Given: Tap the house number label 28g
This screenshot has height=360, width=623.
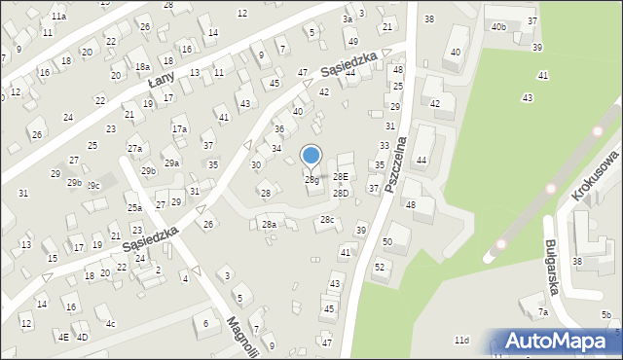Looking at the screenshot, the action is pos(311,180).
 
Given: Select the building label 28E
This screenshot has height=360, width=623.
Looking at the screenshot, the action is pos(340,176).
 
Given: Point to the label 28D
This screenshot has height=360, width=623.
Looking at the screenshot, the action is pos(340,194).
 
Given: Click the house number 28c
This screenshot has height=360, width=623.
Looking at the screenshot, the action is pos(327,220).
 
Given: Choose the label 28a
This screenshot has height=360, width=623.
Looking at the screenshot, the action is pos(269,225).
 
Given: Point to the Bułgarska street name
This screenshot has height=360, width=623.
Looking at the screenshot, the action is pos(559,260).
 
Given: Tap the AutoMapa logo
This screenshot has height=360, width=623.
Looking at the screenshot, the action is pos(559,342).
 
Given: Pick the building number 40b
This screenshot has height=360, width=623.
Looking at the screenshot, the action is pos(498,27).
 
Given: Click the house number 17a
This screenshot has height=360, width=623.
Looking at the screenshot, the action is pos(179,128).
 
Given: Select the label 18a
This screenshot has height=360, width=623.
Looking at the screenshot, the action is pos(142,66).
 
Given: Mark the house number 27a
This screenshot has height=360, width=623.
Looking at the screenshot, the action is pos(134,148).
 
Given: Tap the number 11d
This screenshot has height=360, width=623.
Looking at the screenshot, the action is pos(461,340).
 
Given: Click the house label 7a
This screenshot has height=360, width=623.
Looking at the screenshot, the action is pos(543,312).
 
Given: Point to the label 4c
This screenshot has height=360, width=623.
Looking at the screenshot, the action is pos(111,323).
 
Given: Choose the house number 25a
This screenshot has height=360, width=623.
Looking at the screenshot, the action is pos(134,207).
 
